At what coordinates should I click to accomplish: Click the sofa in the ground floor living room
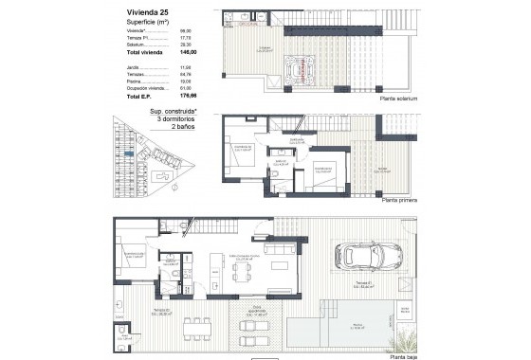point(282,249)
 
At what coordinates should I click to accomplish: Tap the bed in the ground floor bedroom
point(130,256)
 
